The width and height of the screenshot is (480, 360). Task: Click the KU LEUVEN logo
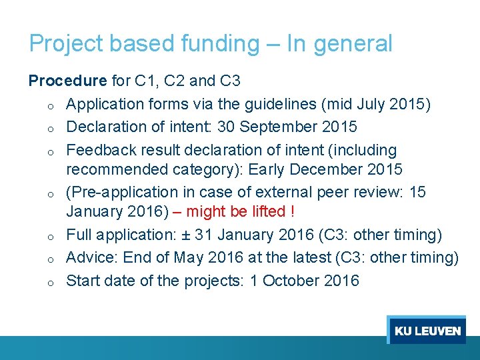point(427,331)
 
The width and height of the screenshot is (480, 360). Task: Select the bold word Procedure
point(67,81)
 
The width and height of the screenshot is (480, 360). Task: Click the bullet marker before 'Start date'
point(41,282)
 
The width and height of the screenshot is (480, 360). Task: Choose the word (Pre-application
point(122,192)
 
